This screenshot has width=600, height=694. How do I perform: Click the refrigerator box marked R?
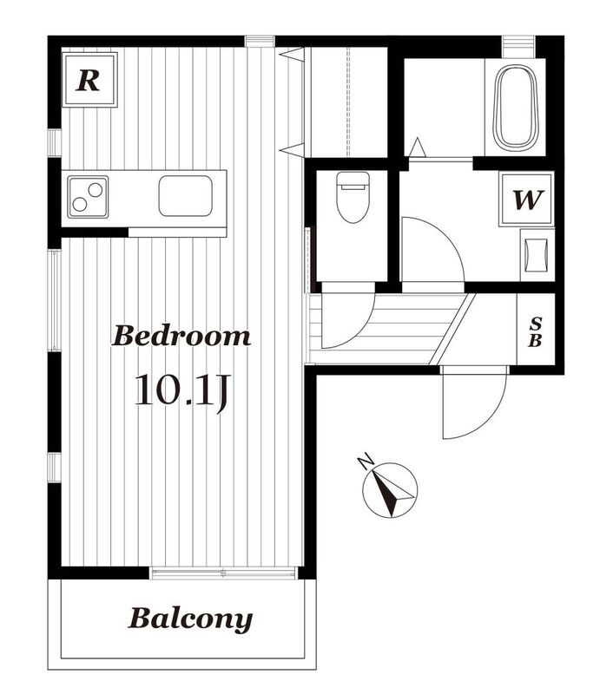[x=89, y=80]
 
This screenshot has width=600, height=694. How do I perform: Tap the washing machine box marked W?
[x=526, y=200]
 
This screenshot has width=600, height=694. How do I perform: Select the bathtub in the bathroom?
[x=515, y=108]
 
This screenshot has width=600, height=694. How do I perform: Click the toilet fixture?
[x=353, y=197]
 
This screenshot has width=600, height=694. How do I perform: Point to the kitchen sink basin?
[x=185, y=196]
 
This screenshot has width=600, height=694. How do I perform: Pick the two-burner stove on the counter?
[x=88, y=197]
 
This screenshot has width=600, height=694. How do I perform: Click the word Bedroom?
[x=181, y=337]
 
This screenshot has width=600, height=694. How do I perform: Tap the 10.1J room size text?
[x=181, y=391]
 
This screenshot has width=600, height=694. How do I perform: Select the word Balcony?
[x=190, y=619]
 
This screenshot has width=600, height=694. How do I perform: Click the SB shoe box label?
[x=536, y=332]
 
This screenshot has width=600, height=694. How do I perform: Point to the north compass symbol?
[x=390, y=489]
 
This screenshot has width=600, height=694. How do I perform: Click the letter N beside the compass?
[x=366, y=461]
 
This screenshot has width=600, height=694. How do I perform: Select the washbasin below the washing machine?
[x=537, y=255]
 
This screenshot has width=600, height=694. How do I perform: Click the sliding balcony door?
[x=223, y=573]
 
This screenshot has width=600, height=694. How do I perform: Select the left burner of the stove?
[x=80, y=204]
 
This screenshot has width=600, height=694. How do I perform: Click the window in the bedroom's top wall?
[x=260, y=41]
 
